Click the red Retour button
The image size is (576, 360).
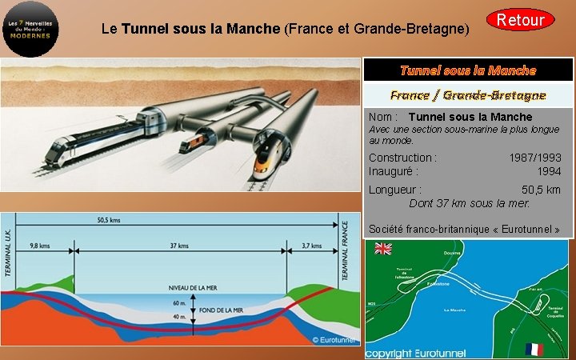(520, 20)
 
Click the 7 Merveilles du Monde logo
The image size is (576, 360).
(30, 29)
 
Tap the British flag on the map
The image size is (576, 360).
(383, 249)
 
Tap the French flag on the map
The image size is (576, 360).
(534, 349)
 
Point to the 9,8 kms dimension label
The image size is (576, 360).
(40, 246)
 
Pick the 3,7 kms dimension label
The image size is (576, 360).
(312, 246)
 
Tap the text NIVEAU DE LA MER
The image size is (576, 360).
(194, 288)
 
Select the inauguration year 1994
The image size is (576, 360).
(549, 170)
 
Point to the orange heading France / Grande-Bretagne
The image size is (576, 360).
(468, 95)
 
